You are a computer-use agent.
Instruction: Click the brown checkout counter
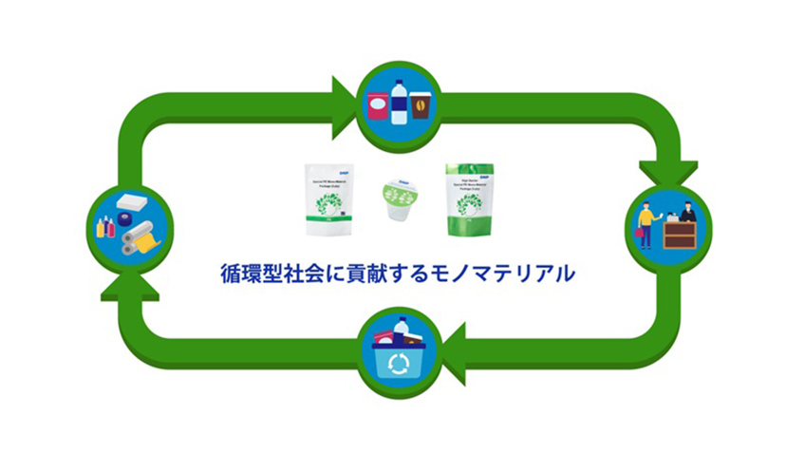680,234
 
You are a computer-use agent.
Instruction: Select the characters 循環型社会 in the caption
257,275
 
